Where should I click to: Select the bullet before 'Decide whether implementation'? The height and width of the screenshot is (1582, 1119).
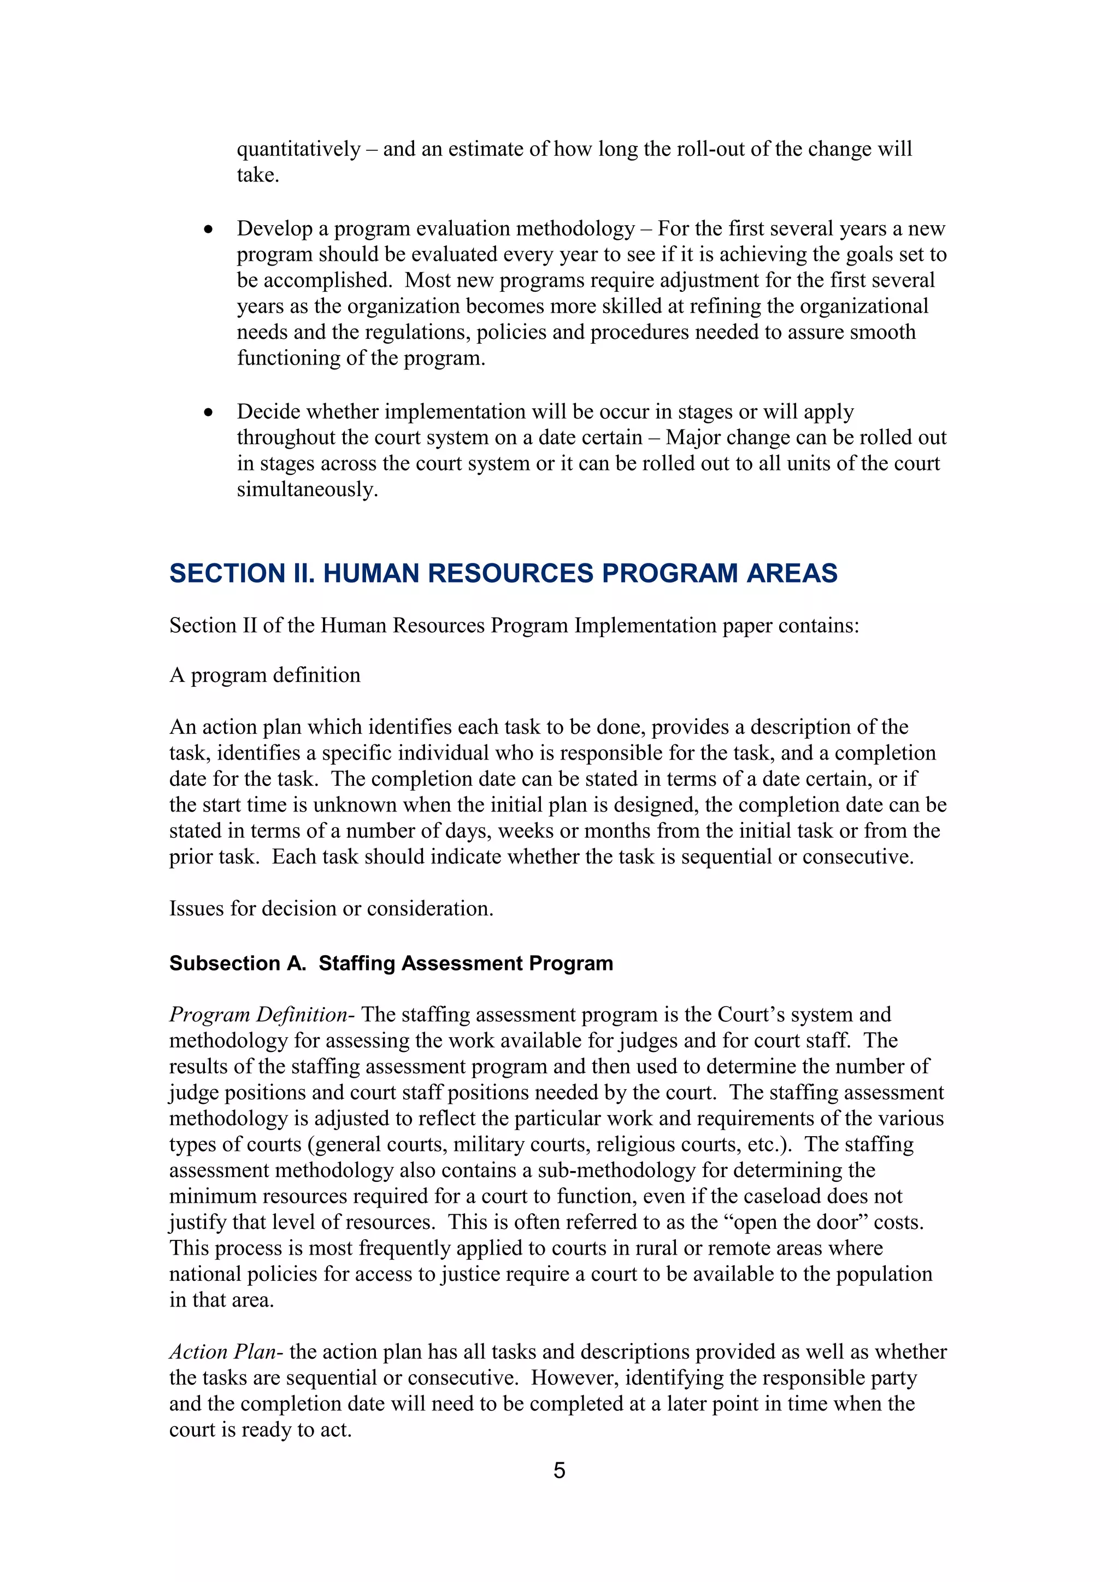208,413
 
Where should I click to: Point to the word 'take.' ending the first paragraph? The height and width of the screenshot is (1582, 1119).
258,175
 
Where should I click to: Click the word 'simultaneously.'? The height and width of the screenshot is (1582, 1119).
307,489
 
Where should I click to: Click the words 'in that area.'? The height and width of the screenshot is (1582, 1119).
222,1300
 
